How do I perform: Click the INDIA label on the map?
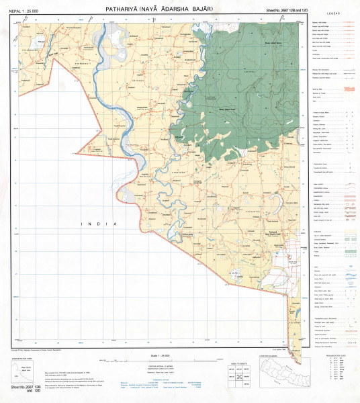[99, 223]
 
